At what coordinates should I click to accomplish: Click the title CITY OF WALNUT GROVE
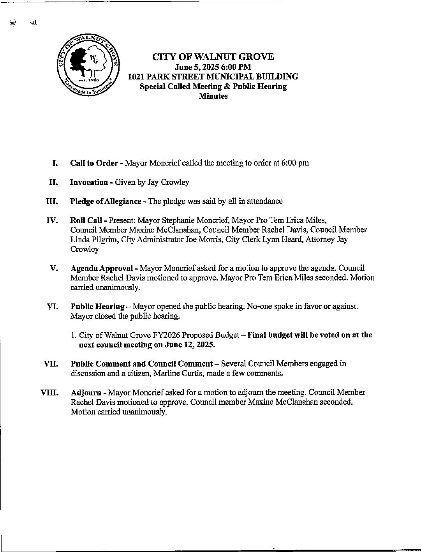point(213,57)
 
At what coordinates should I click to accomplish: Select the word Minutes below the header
point(213,96)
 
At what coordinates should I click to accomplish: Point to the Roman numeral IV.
point(52,221)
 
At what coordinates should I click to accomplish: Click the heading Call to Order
point(94,163)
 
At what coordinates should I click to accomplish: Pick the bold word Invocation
point(89,182)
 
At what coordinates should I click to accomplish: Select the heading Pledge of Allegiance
point(106,201)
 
